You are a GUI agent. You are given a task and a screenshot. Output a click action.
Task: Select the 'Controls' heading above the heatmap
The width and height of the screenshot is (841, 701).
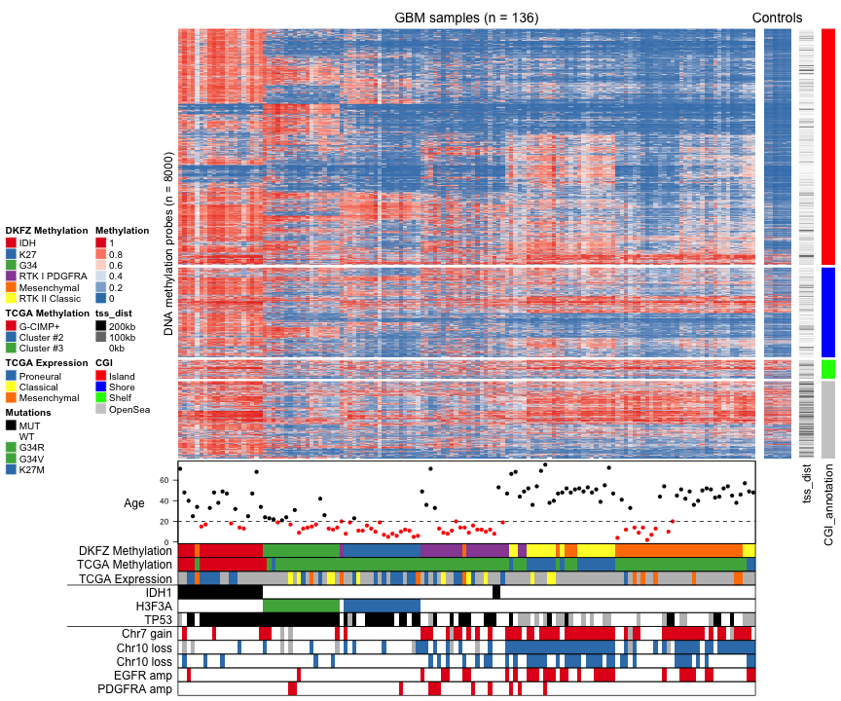click(x=777, y=18)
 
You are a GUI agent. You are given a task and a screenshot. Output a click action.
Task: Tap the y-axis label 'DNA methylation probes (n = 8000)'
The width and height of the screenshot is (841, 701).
click(x=168, y=244)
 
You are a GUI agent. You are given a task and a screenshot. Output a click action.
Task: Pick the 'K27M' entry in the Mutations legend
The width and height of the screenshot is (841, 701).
click(x=32, y=469)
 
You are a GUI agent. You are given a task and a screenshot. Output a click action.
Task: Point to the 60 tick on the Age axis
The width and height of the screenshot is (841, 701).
click(x=165, y=480)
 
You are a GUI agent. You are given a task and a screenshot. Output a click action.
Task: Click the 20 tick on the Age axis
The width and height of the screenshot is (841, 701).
click(x=165, y=522)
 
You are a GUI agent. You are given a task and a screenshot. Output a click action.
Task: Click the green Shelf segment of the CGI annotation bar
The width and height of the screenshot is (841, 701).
click(x=827, y=370)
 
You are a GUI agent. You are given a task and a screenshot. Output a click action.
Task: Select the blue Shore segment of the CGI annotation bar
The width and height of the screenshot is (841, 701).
click(x=827, y=313)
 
